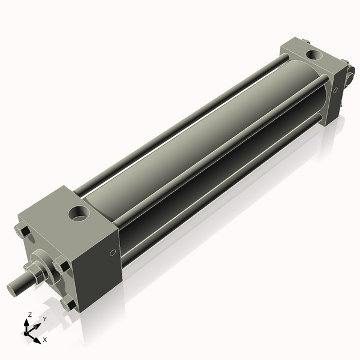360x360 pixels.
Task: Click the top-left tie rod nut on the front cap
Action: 23,231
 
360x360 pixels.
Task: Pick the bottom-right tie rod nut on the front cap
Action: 70,304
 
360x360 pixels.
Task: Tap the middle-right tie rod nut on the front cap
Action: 61,266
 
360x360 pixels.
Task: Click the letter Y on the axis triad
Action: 44,319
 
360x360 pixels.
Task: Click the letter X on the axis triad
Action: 44,340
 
